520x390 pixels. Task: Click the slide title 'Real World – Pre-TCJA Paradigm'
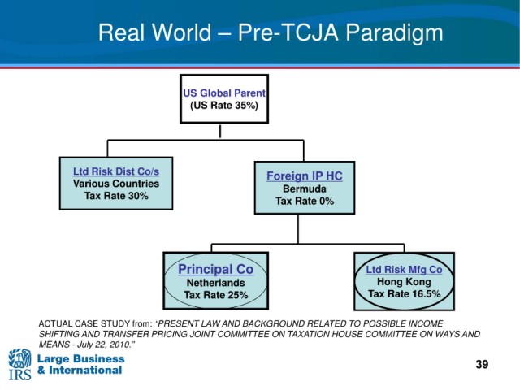[271, 32]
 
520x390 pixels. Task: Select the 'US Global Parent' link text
[224, 93]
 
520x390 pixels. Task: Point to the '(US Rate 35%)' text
[224, 106]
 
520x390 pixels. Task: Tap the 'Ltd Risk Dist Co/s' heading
[116, 171]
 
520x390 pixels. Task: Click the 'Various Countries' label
[116, 184]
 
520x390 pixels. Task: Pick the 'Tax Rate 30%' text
[116, 196]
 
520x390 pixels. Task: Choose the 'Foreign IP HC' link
[305, 176]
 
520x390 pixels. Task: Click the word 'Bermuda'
[305, 188]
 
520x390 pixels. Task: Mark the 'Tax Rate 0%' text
[305, 201]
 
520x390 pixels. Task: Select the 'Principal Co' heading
[215, 269]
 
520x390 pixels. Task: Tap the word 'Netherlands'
[215, 283]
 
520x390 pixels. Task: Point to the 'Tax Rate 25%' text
[215, 295]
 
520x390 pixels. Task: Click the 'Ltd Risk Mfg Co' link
[404, 270]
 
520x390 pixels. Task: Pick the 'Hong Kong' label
[404, 282]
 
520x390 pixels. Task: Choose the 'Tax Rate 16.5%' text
[404, 294]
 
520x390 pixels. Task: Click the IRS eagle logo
[19, 364]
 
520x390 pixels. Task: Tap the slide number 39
[482, 364]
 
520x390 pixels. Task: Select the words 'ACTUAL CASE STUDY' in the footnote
[84, 323]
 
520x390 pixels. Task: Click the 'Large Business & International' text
[80, 365]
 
